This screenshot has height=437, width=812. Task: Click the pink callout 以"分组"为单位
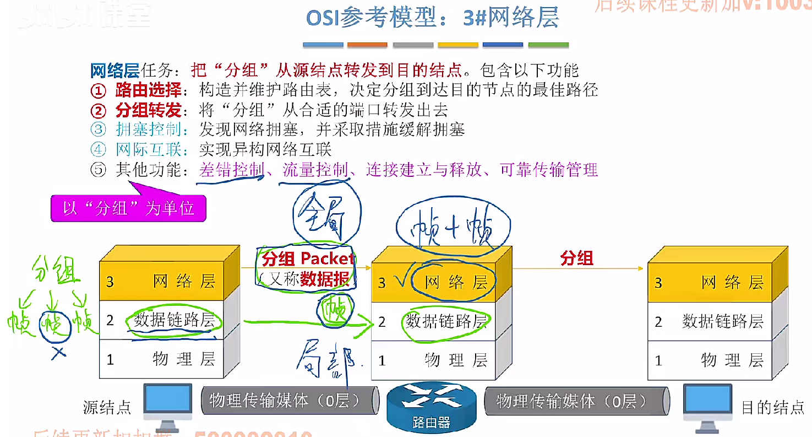coord(128,209)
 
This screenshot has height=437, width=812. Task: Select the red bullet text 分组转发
coord(148,110)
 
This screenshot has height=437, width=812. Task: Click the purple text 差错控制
coord(231,170)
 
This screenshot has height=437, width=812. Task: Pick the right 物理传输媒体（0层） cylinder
coord(575,401)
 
